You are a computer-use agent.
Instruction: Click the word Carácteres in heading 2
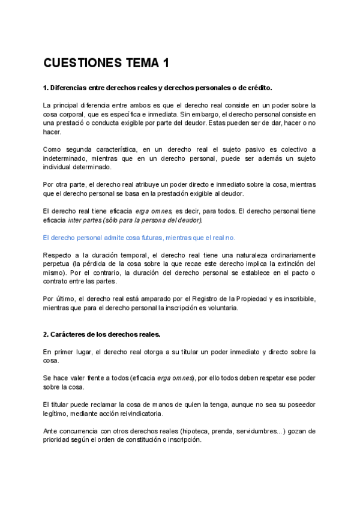click(x=72, y=334)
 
